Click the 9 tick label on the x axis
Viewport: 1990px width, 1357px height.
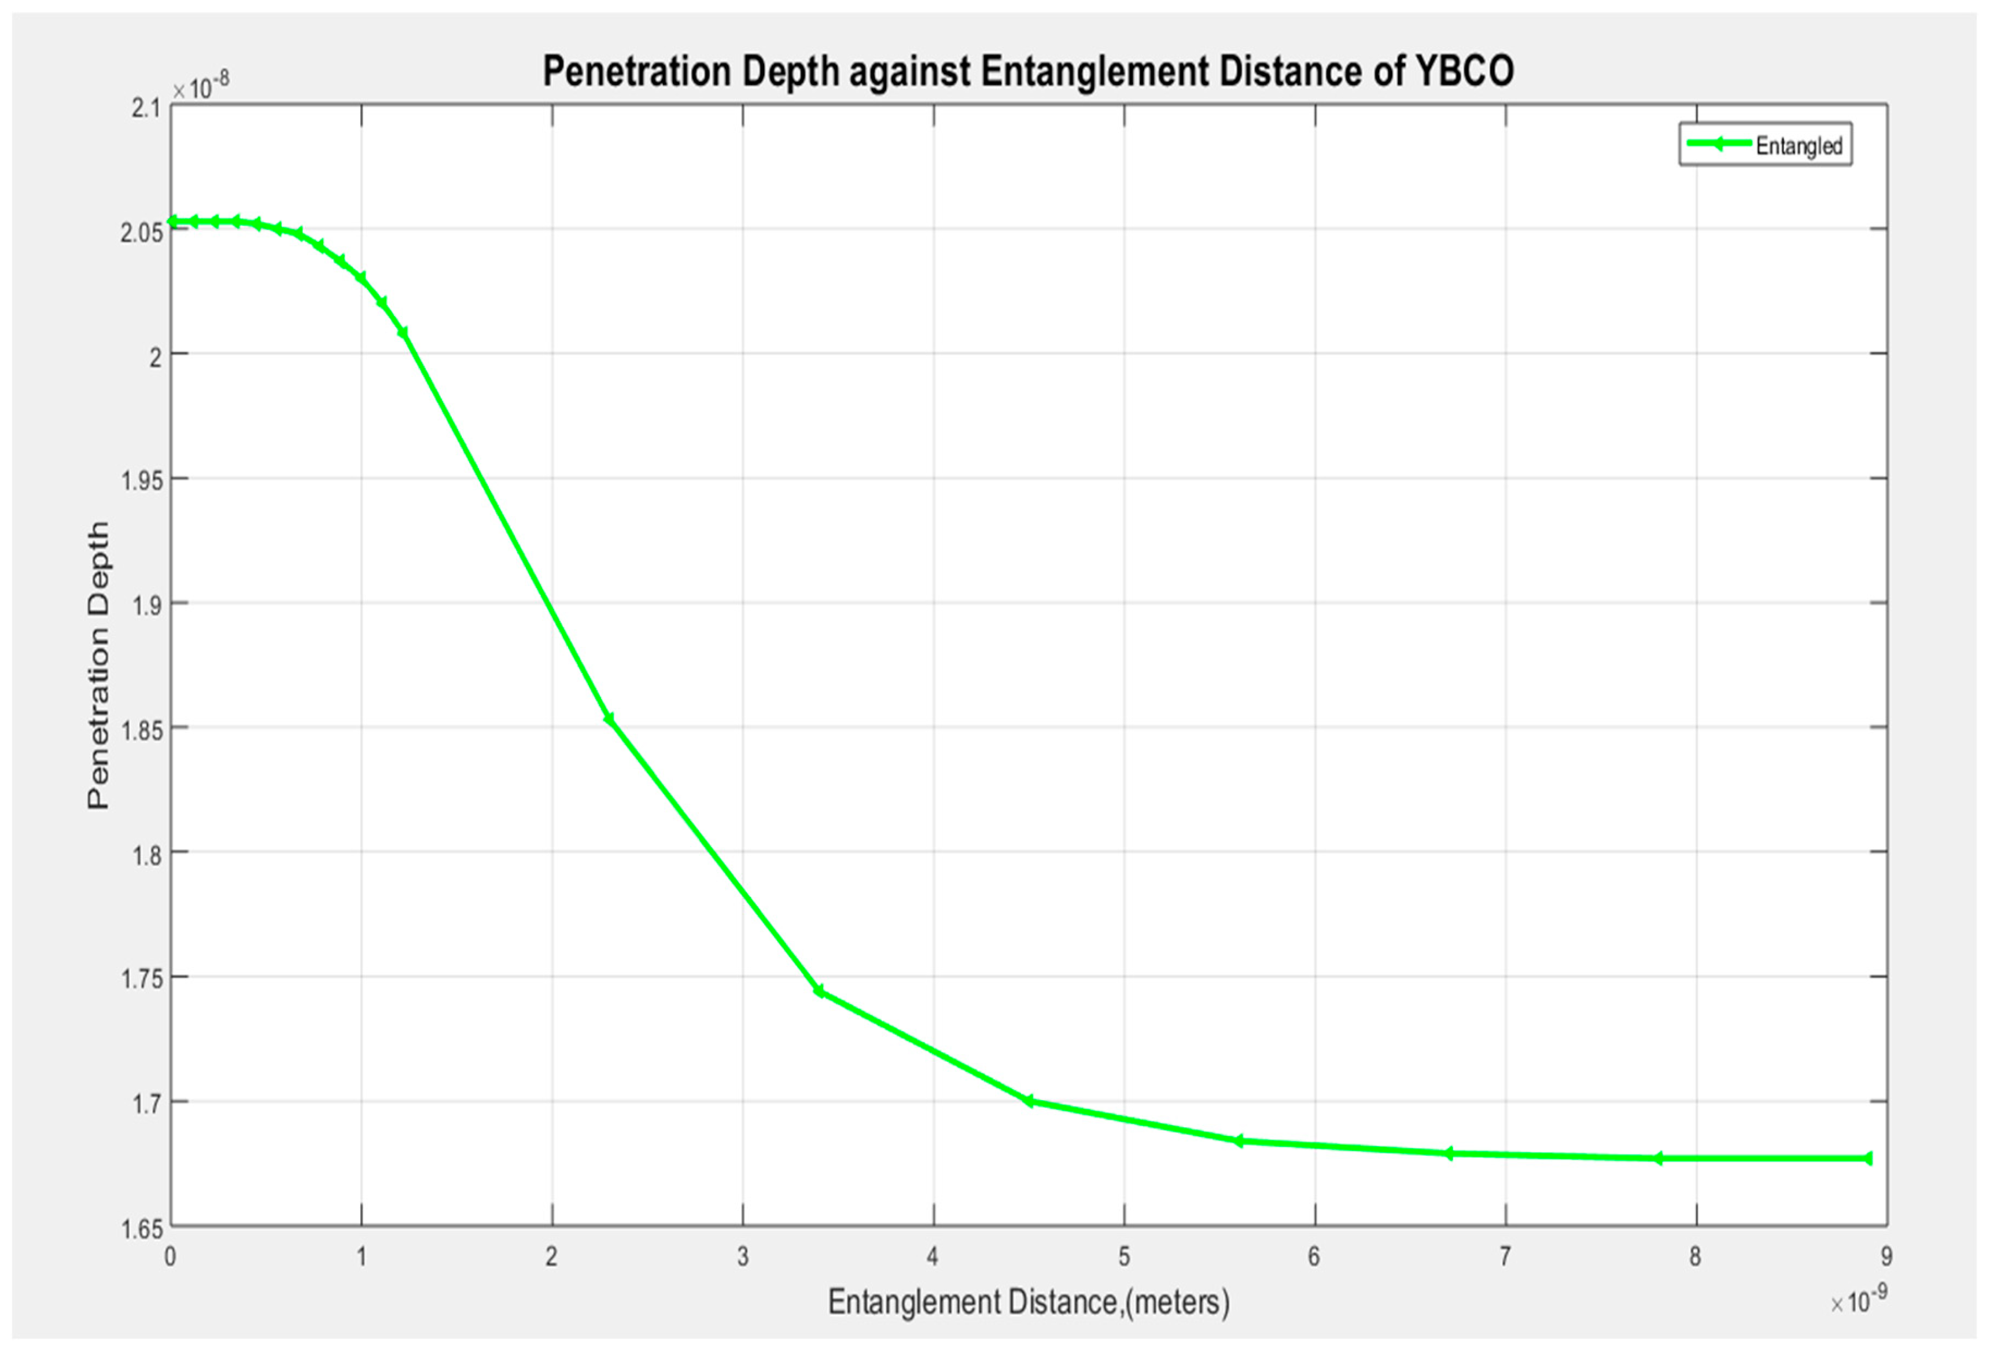coord(1887,1257)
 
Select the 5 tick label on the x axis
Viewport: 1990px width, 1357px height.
coord(1125,1257)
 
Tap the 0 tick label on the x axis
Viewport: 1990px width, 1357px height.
coord(171,1257)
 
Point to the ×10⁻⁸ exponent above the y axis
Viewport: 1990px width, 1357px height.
coord(201,87)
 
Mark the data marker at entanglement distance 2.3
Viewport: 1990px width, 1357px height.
coord(609,719)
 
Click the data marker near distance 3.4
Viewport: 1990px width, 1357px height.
coord(819,991)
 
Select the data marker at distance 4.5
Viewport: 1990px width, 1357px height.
coord(1029,1101)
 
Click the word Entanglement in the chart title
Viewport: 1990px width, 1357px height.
coord(1093,71)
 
